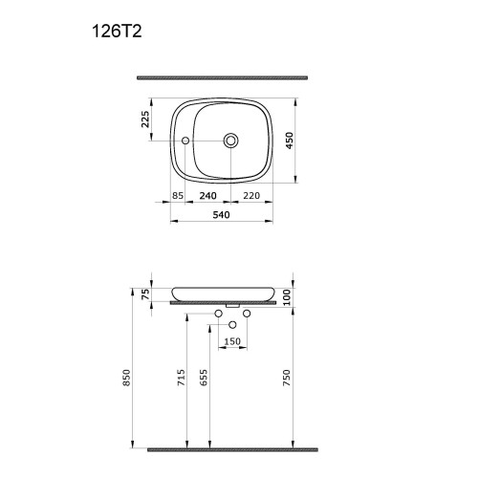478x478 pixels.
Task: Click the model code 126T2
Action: point(117,32)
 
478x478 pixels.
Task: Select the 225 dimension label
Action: point(145,119)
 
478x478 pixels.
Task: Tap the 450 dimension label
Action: point(290,141)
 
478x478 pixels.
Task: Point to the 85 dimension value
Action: point(178,195)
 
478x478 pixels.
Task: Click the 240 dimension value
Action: point(208,195)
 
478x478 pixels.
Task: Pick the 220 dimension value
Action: point(251,195)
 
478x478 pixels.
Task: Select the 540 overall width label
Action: point(221,215)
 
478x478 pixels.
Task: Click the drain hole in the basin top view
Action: point(230,141)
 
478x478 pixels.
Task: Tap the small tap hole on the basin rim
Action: point(185,141)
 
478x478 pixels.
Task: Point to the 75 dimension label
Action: point(145,294)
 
